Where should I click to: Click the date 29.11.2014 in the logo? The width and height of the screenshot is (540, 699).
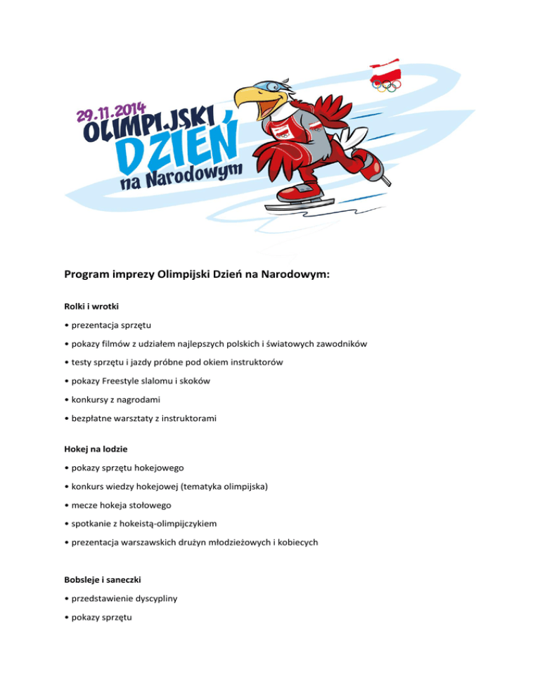[x=112, y=112]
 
